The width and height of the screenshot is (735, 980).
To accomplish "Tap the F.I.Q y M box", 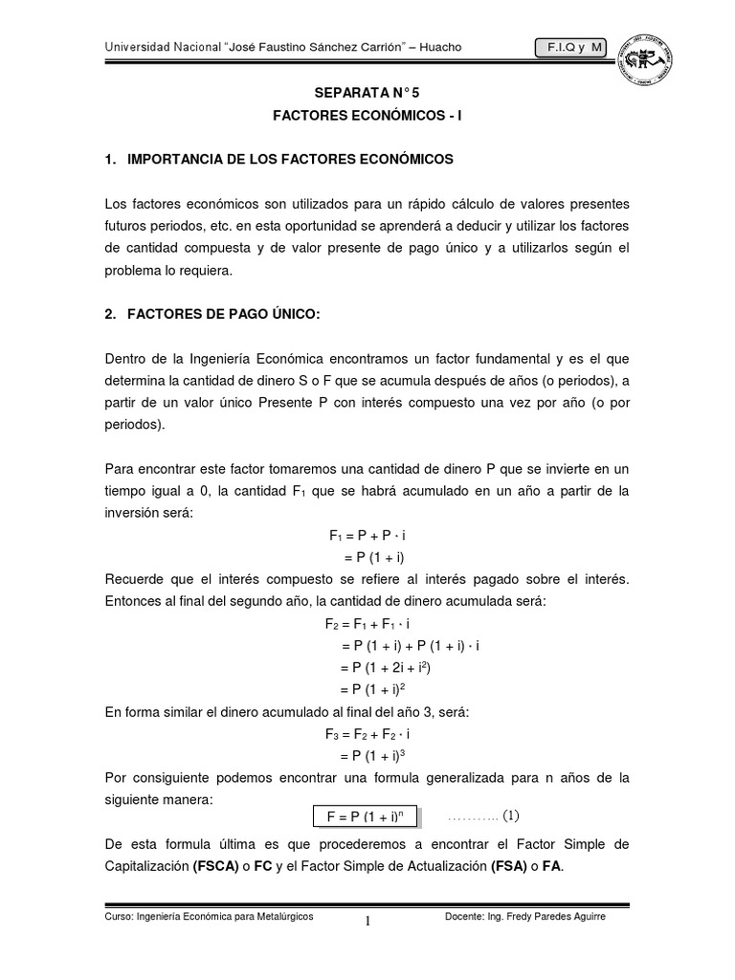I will click(x=571, y=48).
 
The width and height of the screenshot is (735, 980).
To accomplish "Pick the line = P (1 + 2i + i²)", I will click(x=392, y=667).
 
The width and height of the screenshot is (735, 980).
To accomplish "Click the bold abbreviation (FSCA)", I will click(x=221, y=866).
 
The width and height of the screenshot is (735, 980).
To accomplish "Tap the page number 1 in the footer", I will click(x=367, y=922).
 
